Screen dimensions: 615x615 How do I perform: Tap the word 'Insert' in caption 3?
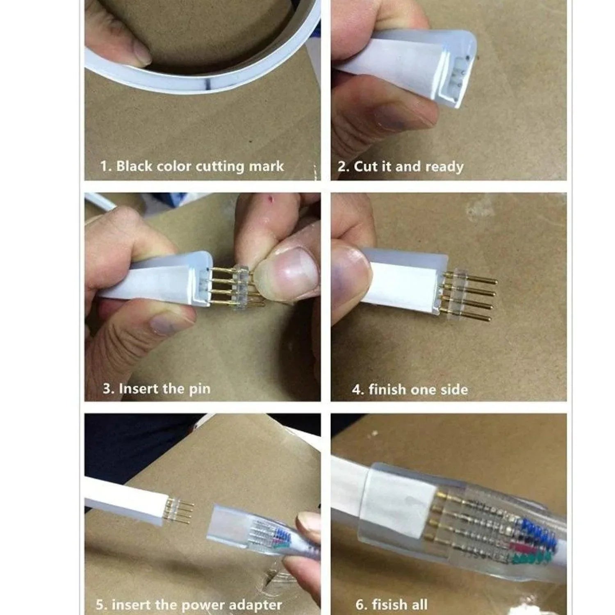(x=138, y=389)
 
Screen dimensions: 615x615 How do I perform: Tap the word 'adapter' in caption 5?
(x=255, y=605)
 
